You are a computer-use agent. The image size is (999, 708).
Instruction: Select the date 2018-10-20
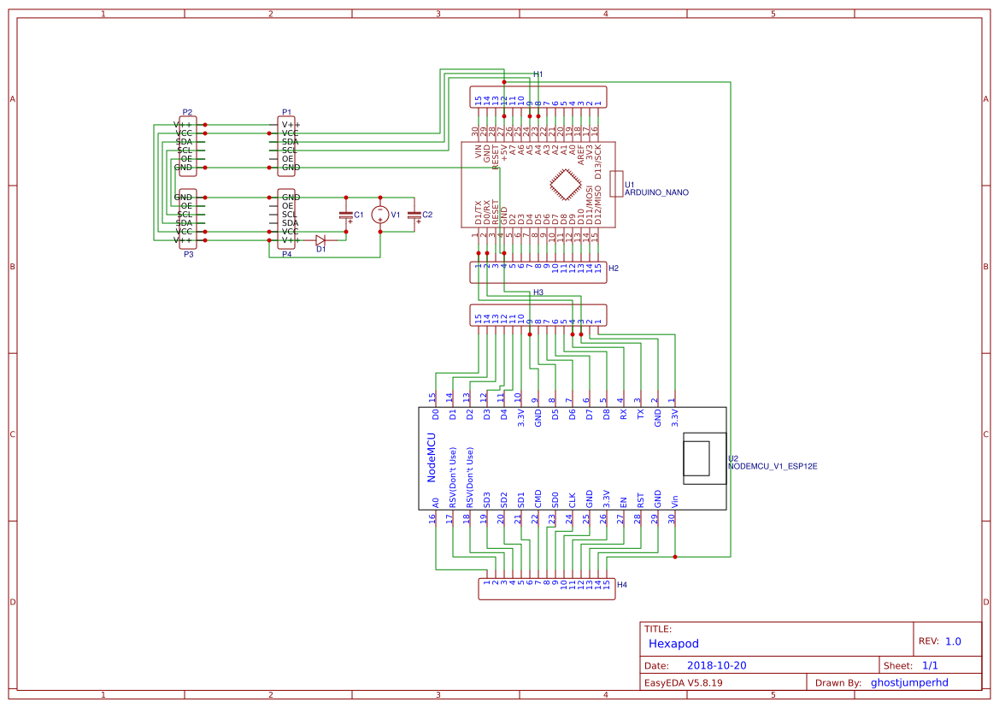coord(716,665)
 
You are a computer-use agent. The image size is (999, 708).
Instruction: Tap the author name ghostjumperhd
coord(909,682)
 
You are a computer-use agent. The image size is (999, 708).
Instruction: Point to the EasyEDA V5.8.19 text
coord(683,682)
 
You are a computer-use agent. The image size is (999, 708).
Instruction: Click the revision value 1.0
coord(953,641)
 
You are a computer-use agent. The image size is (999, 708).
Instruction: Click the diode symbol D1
coord(320,240)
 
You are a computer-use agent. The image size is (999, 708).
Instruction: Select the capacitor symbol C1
coord(345,215)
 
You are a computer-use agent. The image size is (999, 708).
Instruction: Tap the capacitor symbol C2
coord(414,215)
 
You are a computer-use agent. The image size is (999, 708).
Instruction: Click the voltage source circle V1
coord(380,215)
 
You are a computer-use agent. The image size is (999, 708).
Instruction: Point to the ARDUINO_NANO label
coord(656,193)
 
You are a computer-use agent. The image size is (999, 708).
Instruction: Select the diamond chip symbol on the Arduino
coord(563,186)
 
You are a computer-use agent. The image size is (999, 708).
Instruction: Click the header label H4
coord(622,585)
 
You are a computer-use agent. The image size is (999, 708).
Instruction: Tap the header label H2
coord(613,268)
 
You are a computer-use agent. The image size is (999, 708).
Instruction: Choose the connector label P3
coord(188,255)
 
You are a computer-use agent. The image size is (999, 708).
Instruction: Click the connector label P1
coord(286,113)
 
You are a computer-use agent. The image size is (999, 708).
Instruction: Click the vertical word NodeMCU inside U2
coord(432,457)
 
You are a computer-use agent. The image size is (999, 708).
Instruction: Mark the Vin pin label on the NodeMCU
coord(674,501)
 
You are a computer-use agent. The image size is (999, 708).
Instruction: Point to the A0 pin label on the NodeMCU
coord(435,503)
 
